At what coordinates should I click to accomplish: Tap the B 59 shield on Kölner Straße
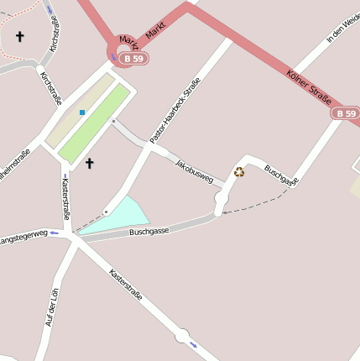click(x=345, y=112)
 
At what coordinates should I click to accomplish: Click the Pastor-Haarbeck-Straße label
click(x=175, y=110)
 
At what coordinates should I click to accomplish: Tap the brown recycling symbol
click(x=239, y=172)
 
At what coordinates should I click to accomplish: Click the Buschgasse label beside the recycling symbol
click(x=281, y=175)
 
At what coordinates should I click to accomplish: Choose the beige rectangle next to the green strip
click(x=78, y=110)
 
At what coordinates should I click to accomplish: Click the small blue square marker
click(x=82, y=112)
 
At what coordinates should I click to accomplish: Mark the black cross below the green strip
click(x=89, y=163)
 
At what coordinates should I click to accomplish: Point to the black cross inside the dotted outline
click(x=19, y=37)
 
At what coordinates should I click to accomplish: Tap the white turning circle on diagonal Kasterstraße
click(x=182, y=337)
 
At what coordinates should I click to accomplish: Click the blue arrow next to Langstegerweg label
click(x=55, y=233)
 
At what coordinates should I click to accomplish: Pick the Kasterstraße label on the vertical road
click(x=65, y=200)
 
